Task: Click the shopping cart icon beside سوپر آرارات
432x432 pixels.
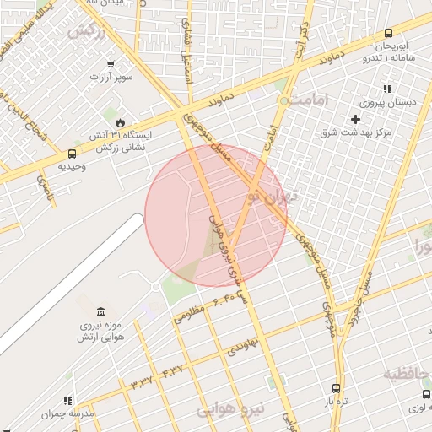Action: click(x=110, y=64)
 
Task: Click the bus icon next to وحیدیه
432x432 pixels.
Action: click(x=72, y=154)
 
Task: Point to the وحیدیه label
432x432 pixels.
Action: click(x=72, y=166)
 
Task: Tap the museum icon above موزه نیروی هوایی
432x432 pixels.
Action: click(x=101, y=311)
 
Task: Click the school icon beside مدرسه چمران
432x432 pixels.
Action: click(x=68, y=401)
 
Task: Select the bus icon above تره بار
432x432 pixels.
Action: click(x=337, y=389)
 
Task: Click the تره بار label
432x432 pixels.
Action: click(x=337, y=402)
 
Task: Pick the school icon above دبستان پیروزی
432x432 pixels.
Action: click(x=387, y=89)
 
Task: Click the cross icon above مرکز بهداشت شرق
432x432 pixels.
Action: click(x=355, y=119)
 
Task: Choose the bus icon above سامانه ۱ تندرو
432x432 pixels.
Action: click(x=387, y=33)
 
